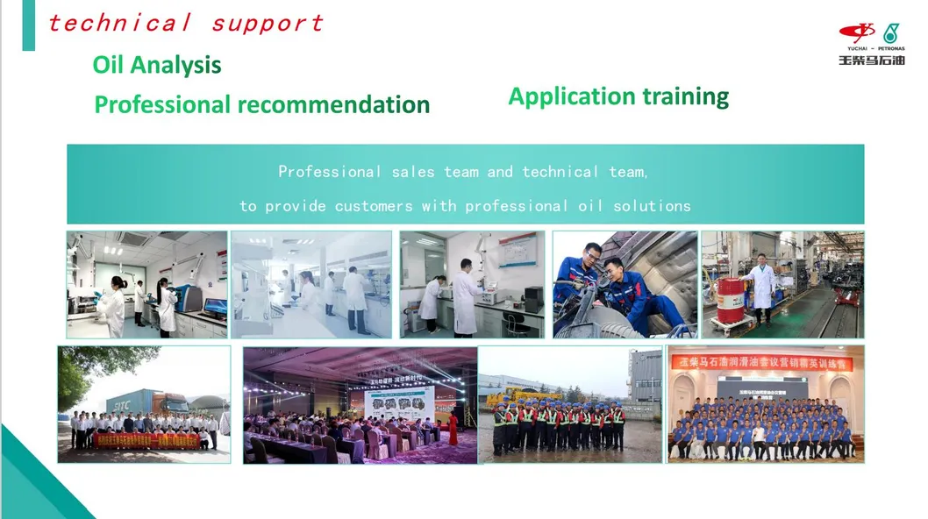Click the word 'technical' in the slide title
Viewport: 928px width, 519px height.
tap(119, 23)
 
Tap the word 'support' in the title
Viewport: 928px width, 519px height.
tap(267, 24)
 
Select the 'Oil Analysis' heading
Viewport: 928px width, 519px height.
tap(157, 65)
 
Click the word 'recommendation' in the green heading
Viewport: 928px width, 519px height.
tap(333, 105)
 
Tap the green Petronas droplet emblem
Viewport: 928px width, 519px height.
tap(892, 32)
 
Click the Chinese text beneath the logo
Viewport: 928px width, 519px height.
tap(871, 60)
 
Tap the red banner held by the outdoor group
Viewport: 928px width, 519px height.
tap(146, 440)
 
